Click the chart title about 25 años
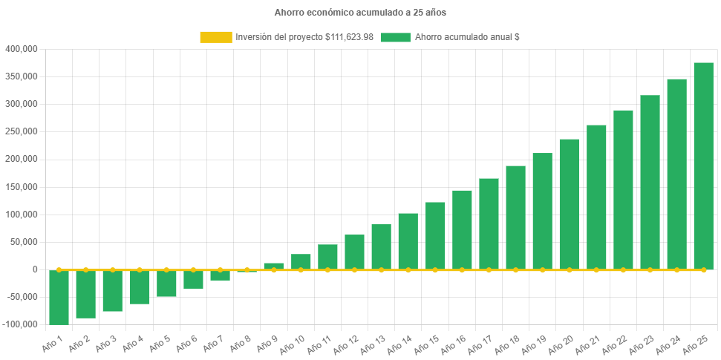(360, 13)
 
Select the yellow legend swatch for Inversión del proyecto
(215, 37)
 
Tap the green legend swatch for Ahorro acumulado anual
(395, 37)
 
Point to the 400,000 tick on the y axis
(22, 49)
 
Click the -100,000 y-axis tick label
(20, 324)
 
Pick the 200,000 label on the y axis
(22, 159)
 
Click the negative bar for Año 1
(59, 297)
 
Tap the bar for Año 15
(435, 235)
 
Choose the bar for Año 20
(570, 204)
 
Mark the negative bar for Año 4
(140, 287)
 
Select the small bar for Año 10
(301, 261)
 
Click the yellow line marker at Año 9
(274, 269)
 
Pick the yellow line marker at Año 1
(59, 269)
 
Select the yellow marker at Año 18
(515, 269)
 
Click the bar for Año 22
(623, 190)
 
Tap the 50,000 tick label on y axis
(24, 242)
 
